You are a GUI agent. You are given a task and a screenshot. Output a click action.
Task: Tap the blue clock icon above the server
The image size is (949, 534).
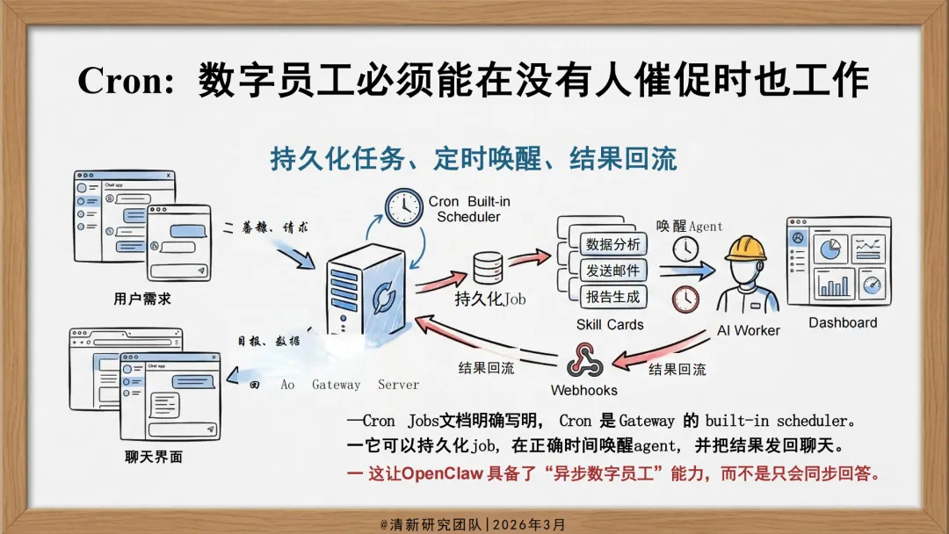point(403,207)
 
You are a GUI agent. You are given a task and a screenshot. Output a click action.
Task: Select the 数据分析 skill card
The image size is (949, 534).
point(612,243)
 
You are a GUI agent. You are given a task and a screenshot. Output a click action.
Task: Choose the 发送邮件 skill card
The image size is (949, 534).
point(612,270)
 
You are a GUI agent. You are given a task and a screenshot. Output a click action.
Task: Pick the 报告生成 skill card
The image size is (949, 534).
point(612,296)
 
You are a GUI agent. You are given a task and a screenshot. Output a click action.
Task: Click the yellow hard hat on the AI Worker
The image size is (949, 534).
point(746,249)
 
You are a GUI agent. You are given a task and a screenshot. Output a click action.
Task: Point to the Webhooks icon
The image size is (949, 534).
point(583,361)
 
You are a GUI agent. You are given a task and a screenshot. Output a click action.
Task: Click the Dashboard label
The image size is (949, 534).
point(843,322)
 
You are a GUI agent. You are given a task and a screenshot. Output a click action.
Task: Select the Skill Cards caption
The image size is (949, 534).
point(610,324)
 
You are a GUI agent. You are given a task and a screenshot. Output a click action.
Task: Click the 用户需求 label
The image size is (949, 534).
point(142,299)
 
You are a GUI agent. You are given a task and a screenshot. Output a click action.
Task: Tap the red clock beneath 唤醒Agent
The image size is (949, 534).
point(685,299)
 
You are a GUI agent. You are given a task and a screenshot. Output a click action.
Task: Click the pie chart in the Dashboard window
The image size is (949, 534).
point(828,249)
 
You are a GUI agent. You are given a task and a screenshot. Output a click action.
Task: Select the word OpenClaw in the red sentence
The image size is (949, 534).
point(447,473)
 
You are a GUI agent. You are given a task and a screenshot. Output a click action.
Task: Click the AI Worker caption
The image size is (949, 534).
point(749,330)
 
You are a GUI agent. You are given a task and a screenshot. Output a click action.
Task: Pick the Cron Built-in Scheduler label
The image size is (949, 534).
point(468,209)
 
